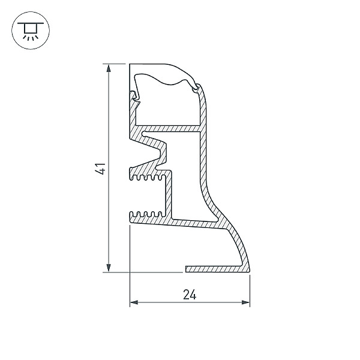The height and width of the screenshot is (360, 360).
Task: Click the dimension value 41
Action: [101, 169]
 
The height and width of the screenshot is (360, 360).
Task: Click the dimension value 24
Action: [190, 295]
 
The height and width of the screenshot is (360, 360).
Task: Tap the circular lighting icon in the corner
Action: [31, 31]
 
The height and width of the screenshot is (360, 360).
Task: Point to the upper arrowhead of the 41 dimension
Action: [109, 68]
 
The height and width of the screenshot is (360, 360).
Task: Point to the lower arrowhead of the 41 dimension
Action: [109, 268]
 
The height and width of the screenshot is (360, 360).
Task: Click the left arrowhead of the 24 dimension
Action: [134, 302]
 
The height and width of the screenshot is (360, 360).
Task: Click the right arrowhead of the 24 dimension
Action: [245, 302]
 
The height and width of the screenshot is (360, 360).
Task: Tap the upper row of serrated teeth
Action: [148, 178]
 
